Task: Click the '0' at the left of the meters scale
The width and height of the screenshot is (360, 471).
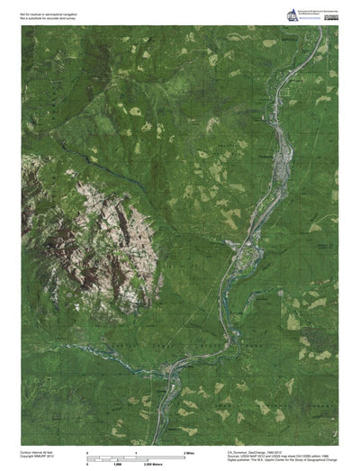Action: (87, 461)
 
